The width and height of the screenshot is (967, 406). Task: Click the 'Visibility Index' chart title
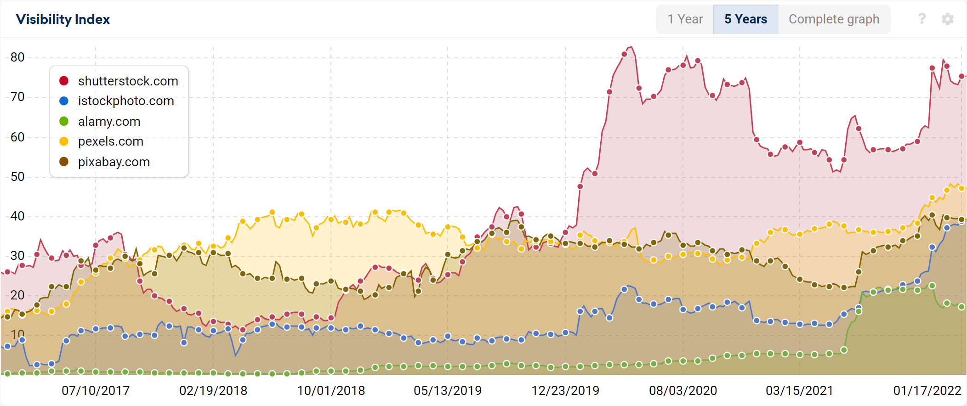tap(63, 19)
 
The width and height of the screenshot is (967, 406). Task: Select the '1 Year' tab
tap(685, 19)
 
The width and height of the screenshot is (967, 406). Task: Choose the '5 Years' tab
tap(745, 19)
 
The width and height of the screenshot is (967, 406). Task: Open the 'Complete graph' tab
tap(834, 19)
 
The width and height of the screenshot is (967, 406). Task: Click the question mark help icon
tap(921, 19)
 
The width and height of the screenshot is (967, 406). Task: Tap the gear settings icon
tap(947, 19)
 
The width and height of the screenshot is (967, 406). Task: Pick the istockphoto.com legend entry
tap(126, 101)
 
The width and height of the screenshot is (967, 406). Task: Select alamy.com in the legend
tap(109, 122)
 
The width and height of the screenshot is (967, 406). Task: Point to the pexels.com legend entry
tap(110, 141)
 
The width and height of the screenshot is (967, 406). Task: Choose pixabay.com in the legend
tap(114, 162)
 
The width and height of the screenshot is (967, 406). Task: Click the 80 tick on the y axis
tap(17, 57)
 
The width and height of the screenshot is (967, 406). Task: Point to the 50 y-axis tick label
tap(17, 177)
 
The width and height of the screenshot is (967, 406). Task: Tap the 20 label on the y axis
tap(17, 295)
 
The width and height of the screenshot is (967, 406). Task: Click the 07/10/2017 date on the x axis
tap(96, 391)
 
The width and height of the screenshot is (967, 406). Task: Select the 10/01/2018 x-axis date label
tap(331, 391)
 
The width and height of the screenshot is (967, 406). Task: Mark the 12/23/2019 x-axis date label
tap(565, 391)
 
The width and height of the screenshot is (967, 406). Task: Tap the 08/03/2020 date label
tap(683, 391)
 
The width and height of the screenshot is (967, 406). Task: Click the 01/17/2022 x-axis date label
tap(927, 391)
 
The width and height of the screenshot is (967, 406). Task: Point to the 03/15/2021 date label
tap(799, 391)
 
